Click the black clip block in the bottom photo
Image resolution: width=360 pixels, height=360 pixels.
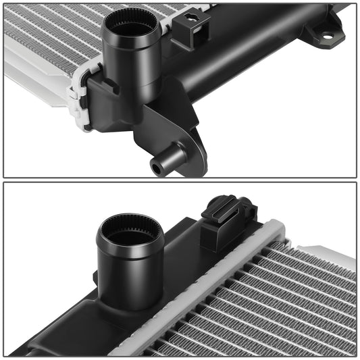point(228,220)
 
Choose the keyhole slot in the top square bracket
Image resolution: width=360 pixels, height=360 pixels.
point(196,20)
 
